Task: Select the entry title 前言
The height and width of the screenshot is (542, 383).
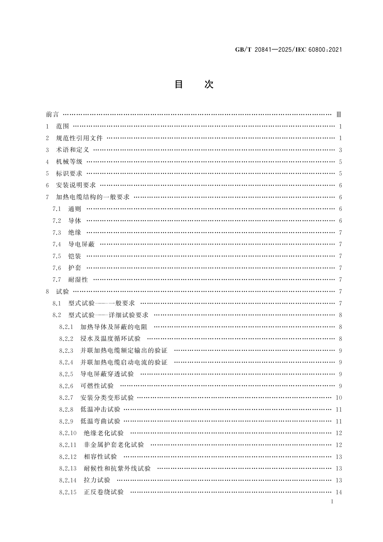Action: tap(52, 115)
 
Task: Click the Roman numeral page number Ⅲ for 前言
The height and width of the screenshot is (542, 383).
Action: tap(338, 115)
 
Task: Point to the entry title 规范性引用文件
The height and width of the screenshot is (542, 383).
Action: tap(79, 138)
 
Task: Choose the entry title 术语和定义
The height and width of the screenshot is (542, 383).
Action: tap(72, 150)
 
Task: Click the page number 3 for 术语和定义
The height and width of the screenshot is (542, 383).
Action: tap(340, 150)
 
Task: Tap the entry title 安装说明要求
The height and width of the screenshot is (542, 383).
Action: tap(76, 185)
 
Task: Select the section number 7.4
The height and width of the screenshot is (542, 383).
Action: tap(57, 244)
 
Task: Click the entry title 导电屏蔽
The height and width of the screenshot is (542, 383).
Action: tap(81, 244)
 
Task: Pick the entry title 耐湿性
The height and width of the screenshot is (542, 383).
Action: tap(78, 280)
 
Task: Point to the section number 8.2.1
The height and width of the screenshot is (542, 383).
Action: tap(66, 327)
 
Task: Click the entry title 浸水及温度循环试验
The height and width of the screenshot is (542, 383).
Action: tap(110, 339)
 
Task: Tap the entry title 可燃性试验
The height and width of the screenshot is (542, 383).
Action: tap(97, 386)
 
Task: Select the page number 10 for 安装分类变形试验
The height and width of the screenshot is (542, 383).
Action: tap(339, 398)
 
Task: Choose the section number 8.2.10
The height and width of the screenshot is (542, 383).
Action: tap(68, 433)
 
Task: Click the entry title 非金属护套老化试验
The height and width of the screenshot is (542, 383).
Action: tap(114, 445)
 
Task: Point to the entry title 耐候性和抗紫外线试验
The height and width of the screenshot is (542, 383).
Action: tap(117, 469)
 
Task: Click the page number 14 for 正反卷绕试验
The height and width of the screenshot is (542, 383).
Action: tap(339, 492)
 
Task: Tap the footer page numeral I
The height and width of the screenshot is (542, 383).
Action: tap(332, 501)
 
